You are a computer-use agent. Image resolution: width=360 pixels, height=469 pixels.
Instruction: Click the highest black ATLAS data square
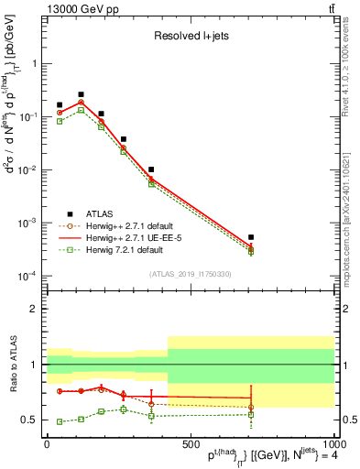coord(81,94)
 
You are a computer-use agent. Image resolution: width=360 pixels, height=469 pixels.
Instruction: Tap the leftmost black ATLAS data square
coord(60,105)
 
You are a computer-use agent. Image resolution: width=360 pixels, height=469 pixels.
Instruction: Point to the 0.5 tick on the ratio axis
coord(34,420)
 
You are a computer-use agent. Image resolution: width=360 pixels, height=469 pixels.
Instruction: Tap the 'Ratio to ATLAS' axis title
coord(12,365)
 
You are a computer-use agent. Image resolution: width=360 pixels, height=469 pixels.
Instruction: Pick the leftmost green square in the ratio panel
coord(60,421)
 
